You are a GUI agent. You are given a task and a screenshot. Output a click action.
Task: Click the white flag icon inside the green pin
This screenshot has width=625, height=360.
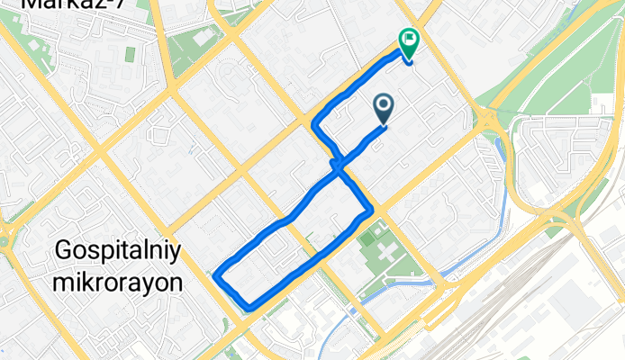point(408,38)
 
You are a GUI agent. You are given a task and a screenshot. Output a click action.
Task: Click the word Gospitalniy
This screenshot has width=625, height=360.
point(119,249)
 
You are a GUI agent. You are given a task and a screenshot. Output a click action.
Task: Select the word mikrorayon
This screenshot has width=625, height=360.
point(119,283)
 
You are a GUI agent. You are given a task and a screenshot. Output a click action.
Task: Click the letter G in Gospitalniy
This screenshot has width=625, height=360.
point(64,249)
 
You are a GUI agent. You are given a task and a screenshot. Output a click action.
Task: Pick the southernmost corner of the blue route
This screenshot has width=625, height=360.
point(249,309)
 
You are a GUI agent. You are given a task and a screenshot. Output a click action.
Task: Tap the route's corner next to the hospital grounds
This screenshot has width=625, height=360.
point(370,211)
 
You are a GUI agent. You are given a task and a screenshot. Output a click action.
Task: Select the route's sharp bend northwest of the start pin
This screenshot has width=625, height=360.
point(313,121)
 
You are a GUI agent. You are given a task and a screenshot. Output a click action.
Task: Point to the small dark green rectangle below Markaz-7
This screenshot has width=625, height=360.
point(130,53)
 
